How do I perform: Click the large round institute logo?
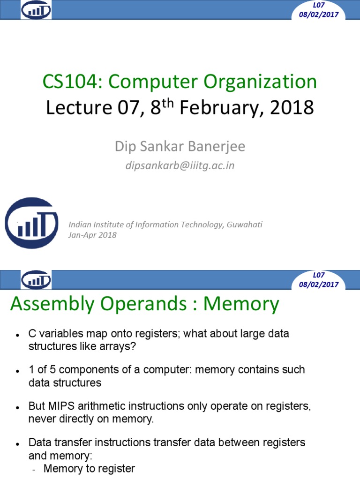point(32,222)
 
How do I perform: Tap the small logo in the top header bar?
point(36,10)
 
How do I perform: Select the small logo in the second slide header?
point(36,280)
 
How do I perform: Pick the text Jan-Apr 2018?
point(92,235)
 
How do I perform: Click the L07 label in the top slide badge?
point(319,5)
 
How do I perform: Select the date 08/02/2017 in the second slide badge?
point(319,285)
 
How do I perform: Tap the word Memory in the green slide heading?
point(241,304)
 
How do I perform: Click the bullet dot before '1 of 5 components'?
point(17,371)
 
